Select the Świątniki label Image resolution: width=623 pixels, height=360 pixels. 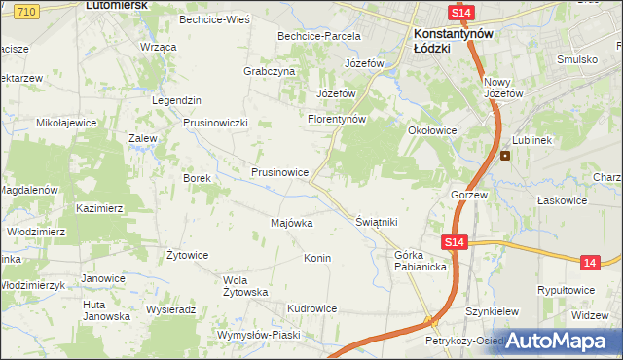coord(377,222)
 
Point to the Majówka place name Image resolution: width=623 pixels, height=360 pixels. coord(291,223)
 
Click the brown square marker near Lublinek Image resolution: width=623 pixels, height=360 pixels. coord(505,156)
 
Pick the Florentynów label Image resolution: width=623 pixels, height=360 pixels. coord(336,119)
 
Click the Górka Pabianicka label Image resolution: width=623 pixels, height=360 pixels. coord(421,261)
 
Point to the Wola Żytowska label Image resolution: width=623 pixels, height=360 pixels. coord(244,286)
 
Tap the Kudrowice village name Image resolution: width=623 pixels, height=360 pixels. coord(311,308)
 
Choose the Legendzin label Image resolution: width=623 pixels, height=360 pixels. coord(176,100)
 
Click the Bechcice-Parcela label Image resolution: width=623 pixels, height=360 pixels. coord(318,36)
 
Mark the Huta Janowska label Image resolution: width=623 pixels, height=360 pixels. coord(106,309)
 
